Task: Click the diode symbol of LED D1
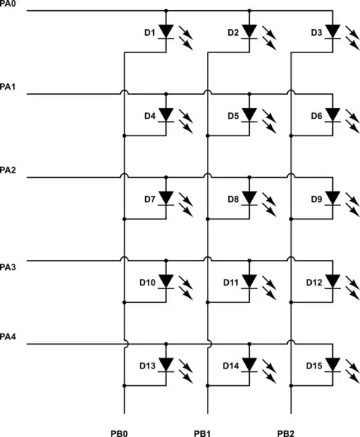[167, 32]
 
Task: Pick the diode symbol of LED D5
[250, 115]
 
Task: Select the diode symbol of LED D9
[333, 198]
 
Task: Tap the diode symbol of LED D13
[167, 363]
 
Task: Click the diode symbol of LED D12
[333, 280]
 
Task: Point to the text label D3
[316, 32]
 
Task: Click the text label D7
[149, 198]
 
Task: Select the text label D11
[230, 280]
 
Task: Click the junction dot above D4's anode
[167, 94]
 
